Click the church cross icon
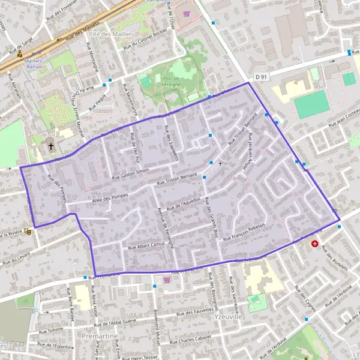coord(51,146)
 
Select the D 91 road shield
coord(260,77)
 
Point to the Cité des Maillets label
coord(111,34)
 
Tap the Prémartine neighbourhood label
coord(100,337)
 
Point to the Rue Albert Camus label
coord(146,245)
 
